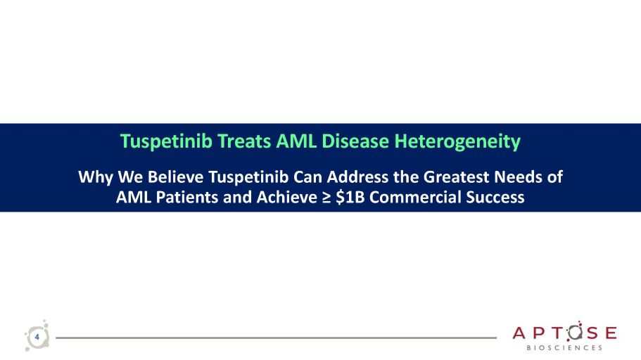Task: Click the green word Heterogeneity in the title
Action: (x=457, y=142)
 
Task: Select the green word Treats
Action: (x=243, y=141)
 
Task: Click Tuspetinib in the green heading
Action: (x=166, y=142)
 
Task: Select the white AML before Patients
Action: (x=134, y=197)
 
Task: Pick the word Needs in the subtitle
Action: (x=520, y=177)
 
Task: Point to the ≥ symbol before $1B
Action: (x=326, y=198)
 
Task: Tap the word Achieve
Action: (x=286, y=197)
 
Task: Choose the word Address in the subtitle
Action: (x=357, y=177)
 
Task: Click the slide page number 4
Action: (x=37, y=337)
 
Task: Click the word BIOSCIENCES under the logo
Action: (x=564, y=348)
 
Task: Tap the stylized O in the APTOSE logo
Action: (x=574, y=333)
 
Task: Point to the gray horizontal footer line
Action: (x=277, y=338)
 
